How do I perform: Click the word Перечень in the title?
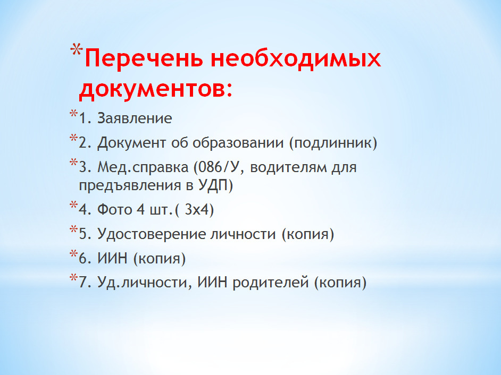point(144,58)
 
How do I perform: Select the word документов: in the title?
point(156,89)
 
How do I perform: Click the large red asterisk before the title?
point(77,50)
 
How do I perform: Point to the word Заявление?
point(135,118)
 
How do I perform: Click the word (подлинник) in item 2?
point(333,143)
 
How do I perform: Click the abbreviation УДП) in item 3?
point(216,185)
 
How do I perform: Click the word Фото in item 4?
point(114,210)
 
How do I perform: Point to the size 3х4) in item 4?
point(199,210)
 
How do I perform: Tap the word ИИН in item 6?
point(112,258)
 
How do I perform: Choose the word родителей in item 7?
point(271,283)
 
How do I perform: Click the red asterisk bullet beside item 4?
point(74,205)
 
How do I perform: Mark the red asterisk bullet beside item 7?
point(74,278)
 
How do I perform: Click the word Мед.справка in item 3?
point(143,167)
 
